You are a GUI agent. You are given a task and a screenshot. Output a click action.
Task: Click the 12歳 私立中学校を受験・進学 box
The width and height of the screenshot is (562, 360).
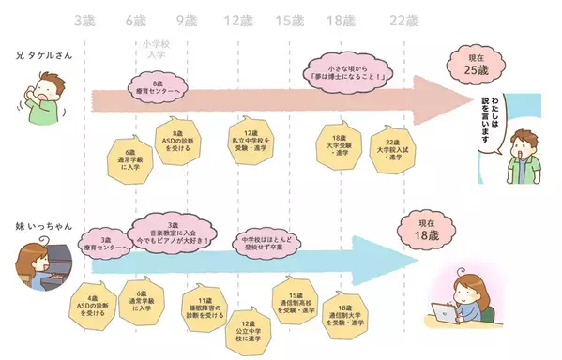point(250,140)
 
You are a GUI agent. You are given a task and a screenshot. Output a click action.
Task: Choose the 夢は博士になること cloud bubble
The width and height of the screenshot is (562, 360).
point(346,68)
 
